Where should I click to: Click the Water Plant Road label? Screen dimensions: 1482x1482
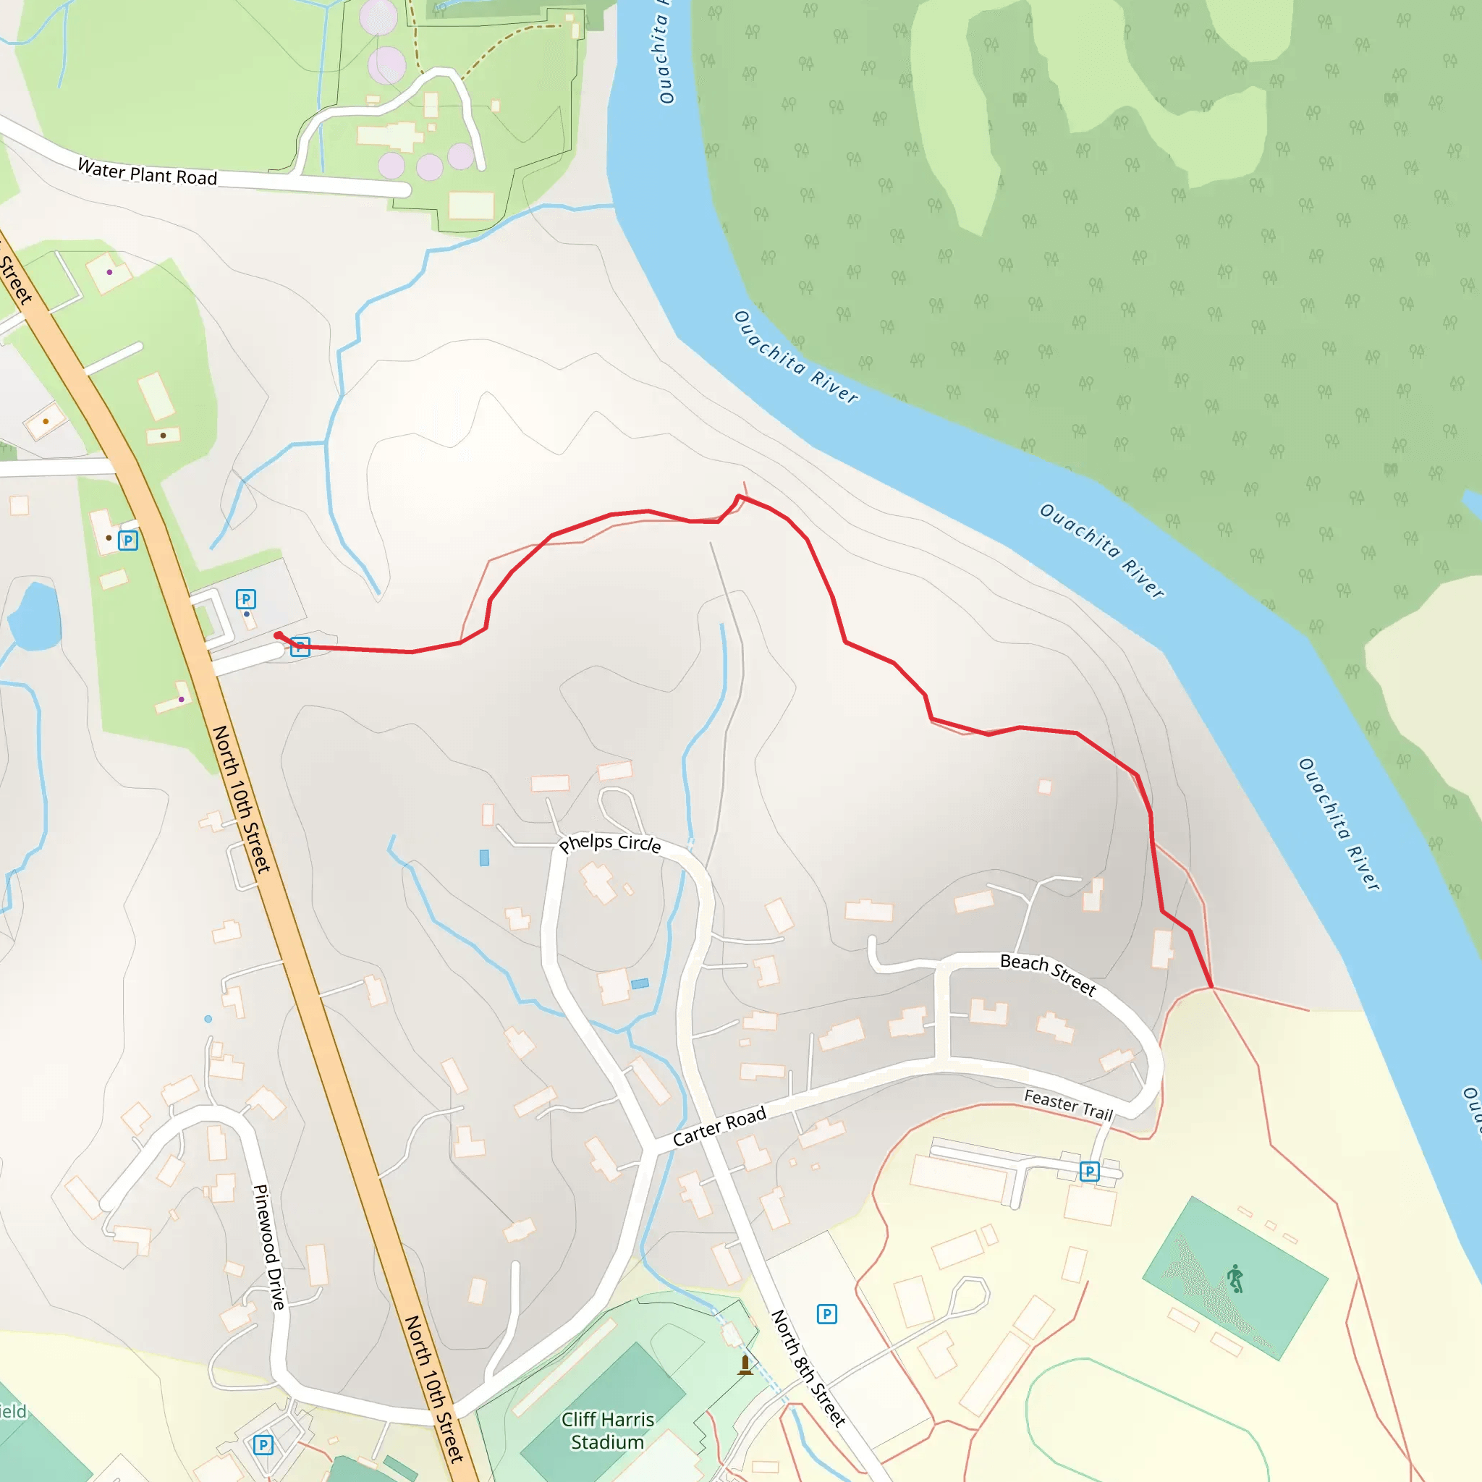pos(148,173)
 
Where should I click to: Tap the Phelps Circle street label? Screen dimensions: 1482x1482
pos(610,843)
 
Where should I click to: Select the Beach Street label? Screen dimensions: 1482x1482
pos(1048,973)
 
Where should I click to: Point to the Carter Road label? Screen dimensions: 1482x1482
pos(719,1126)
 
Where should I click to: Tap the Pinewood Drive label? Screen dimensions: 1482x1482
pos(268,1248)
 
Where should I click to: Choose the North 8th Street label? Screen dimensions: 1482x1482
pos(808,1369)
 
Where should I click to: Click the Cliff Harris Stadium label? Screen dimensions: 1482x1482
pos(608,1431)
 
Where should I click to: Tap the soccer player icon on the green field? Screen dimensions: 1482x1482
pos(1235,1279)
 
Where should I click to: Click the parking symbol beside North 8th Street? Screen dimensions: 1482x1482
pos(826,1314)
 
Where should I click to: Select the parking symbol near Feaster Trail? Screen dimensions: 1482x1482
pos(1089,1172)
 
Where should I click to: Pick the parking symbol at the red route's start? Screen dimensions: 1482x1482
pos(300,647)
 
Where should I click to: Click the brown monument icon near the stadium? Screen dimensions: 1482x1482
pos(745,1365)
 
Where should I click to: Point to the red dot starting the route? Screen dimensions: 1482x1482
pos(279,635)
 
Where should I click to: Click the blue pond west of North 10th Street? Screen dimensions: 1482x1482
pos(35,616)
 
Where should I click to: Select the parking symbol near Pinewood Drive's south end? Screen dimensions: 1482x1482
pos(263,1445)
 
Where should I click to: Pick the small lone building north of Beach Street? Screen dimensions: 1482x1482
pos(1045,787)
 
